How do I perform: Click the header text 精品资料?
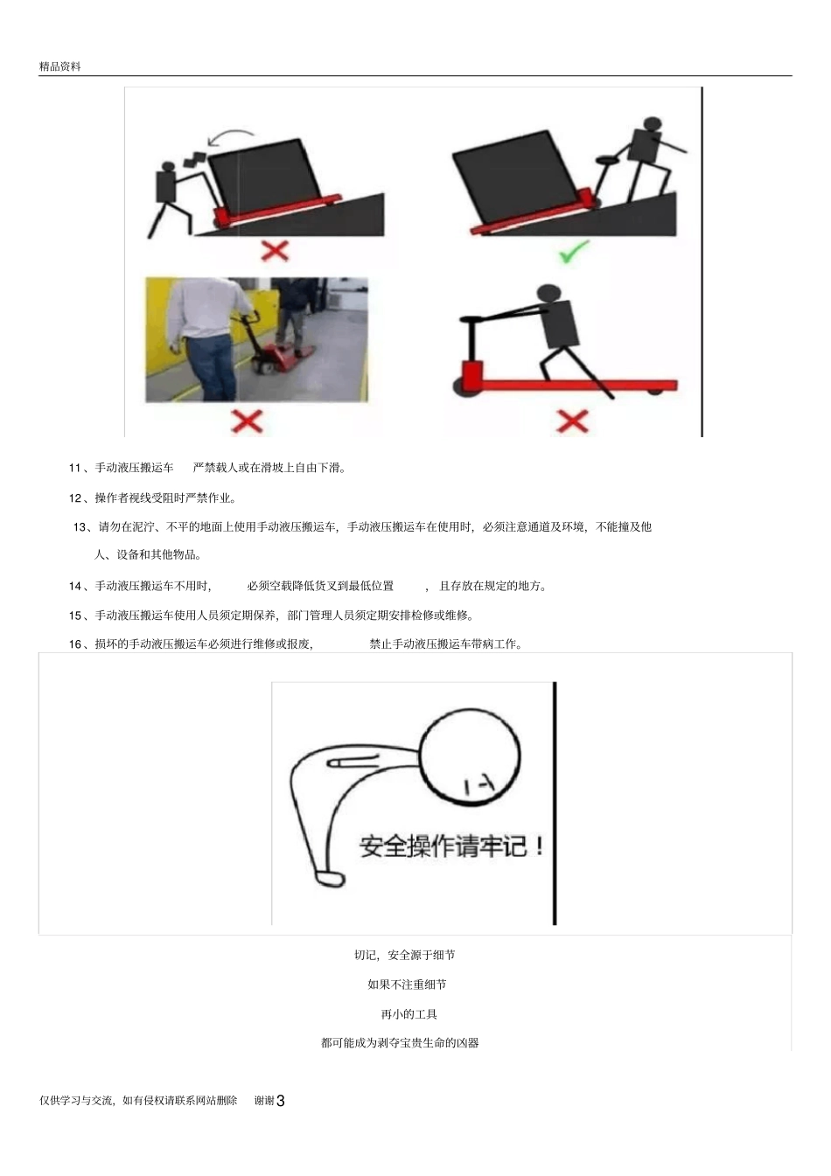(x=59, y=66)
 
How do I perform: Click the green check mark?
(x=574, y=254)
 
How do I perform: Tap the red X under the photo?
(x=247, y=421)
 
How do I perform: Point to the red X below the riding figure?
(x=572, y=421)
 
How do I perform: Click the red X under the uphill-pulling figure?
(x=275, y=252)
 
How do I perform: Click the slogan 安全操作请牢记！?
(x=451, y=846)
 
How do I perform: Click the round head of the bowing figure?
(x=471, y=756)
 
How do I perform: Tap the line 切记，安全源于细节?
(x=404, y=955)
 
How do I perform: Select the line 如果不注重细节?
(x=407, y=985)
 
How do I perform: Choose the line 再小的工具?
(x=409, y=1014)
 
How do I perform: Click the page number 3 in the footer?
(x=281, y=1102)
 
